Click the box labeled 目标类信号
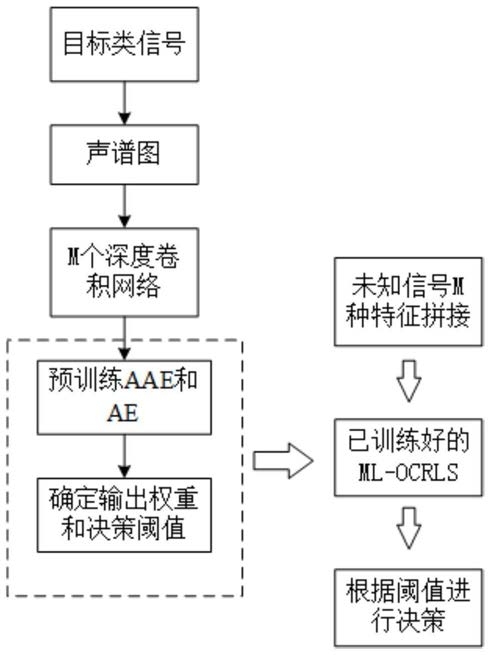[125, 44]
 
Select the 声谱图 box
[125, 155]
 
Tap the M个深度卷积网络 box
[125, 272]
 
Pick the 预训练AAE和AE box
[124, 397]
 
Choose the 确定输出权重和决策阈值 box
[124, 515]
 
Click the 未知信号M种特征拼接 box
[408, 302]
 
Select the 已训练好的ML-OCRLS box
[408, 457]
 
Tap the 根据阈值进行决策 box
[408, 608]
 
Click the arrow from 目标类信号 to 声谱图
[125, 103]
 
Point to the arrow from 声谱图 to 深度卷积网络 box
[125, 206]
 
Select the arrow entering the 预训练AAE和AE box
[125, 338]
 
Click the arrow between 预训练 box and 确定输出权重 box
[125, 457]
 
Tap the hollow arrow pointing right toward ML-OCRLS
[283, 461]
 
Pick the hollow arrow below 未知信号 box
[409, 381]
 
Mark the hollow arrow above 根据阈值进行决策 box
[409, 528]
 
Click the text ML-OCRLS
[408, 472]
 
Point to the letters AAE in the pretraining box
[149, 380]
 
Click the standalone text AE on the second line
[123, 413]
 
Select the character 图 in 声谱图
[148, 153]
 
